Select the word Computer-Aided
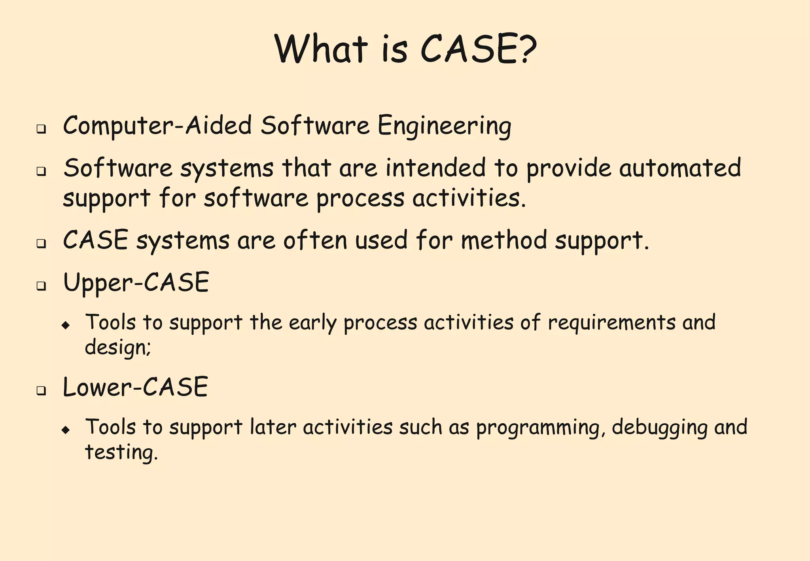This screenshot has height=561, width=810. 157,125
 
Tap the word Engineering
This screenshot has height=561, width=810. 444,126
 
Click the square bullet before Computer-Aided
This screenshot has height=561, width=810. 41,129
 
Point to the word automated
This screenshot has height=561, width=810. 680,168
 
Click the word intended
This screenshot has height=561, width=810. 435,168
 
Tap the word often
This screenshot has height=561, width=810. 315,240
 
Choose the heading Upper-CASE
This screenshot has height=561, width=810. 136,283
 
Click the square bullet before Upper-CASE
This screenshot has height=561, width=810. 41,286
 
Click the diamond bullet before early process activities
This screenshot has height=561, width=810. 66,325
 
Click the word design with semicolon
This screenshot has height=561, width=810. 117,348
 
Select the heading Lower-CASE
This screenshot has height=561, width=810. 135,387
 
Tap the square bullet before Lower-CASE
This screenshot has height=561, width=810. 41,391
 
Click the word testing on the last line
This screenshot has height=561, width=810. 121,452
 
